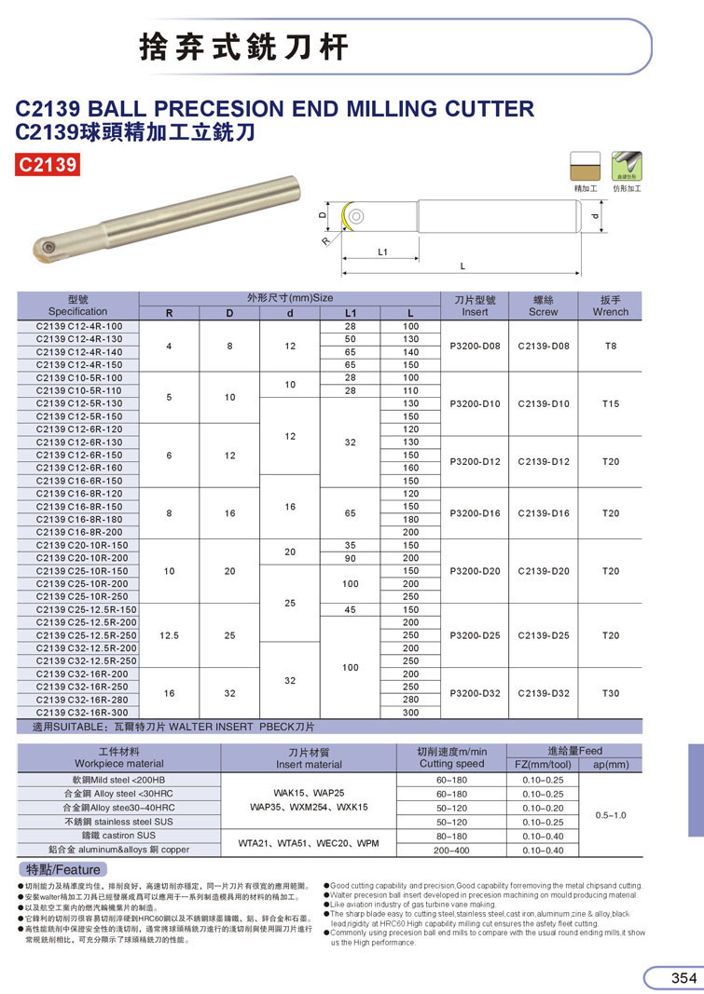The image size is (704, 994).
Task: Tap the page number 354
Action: (x=683, y=977)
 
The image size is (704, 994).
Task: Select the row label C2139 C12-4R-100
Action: (x=79, y=326)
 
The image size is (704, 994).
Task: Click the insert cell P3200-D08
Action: (x=476, y=346)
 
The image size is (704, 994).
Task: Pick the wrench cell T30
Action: (x=611, y=692)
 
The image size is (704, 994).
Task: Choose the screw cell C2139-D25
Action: (x=543, y=635)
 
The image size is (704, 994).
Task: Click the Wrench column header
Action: (x=611, y=306)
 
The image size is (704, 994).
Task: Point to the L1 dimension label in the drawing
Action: (x=382, y=252)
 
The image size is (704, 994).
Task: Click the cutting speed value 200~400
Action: (x=452, y=850)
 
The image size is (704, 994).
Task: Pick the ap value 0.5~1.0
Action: (x=611, y=814)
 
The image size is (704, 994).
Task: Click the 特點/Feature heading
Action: (x=62, y=869)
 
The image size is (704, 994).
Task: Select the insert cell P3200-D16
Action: (x=476, y=513)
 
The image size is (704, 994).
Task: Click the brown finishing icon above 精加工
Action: (x=585, y=167)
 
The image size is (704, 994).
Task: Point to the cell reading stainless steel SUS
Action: (x=118, y=823)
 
